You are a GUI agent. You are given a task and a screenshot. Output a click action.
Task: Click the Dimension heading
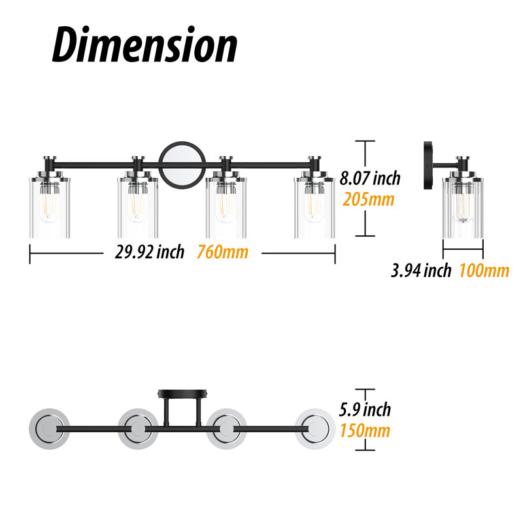144,44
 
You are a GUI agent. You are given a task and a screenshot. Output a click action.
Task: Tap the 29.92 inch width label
150,252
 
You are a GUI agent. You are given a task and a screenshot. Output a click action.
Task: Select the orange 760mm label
222,252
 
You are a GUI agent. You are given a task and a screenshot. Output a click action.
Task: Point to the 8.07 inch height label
370,178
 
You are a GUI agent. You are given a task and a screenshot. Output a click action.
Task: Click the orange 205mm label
368,199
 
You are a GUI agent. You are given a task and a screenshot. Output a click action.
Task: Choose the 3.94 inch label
421,270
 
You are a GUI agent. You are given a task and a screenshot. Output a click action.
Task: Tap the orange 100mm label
484,270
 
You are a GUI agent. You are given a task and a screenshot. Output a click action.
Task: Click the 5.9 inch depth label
365,410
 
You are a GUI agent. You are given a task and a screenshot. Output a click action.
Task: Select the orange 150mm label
365,430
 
